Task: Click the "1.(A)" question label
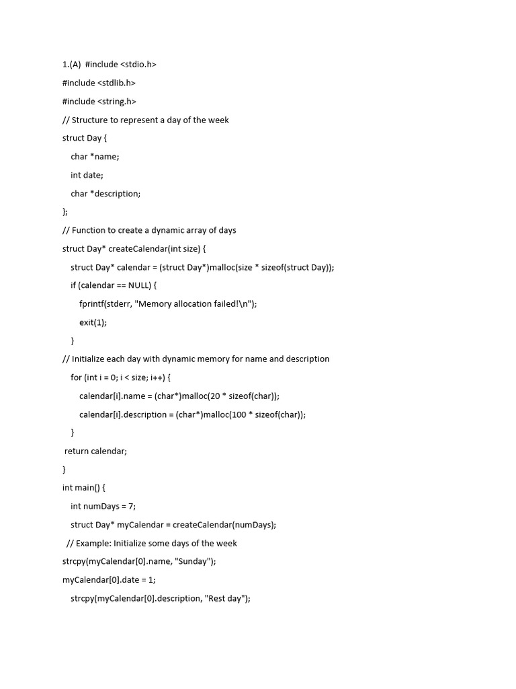[71, 65]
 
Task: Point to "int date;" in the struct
[87, 175]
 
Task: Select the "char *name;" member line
[95, 157]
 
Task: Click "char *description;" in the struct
[105, 194]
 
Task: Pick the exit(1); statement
[93, 322]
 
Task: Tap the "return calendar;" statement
[95, 451]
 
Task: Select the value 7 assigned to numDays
[131, 506]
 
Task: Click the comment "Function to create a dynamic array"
[148, 230]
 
